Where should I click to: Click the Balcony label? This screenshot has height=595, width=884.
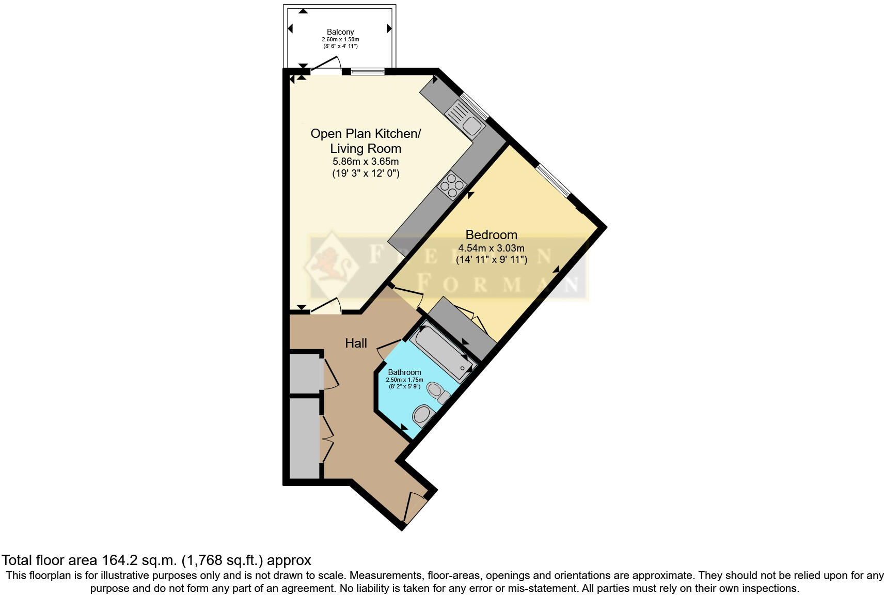click(x=340, y=32)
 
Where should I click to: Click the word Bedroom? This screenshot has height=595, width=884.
click(x=491, y=234)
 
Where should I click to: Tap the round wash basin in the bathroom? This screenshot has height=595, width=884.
click(x=423, y=415)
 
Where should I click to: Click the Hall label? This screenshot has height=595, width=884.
click(x=356, y=343)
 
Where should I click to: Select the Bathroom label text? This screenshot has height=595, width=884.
click(x=404, y=372)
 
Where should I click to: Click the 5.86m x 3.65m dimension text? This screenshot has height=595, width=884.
click(x=366, y=162)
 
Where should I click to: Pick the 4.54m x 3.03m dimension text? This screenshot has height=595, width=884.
click(x=491, y=248)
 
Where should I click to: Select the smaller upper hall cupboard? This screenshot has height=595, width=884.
click(x=305, y=373)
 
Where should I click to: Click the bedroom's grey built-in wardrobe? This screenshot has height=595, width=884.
click(x=462, y=329)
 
